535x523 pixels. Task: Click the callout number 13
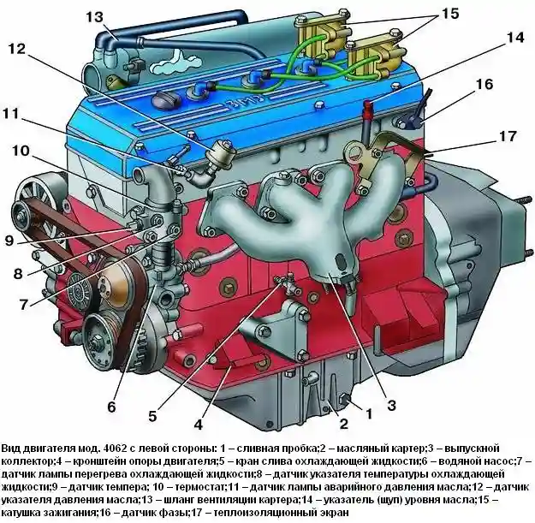click(x=94, y=16)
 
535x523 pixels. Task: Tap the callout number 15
click(x=450, y=14)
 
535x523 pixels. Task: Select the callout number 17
click(x=508, y=136)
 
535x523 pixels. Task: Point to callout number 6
click(x=111, y=407)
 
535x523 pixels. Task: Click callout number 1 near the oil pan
click(x=369, y=413)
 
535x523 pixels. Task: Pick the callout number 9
click(x=9, y=241)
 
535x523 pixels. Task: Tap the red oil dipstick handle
click(x=368, y=106)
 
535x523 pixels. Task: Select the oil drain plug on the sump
click(x=345, y=400)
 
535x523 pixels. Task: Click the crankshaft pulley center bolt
click(x=98, y=341)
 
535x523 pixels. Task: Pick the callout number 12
click(x=17, y=49)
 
